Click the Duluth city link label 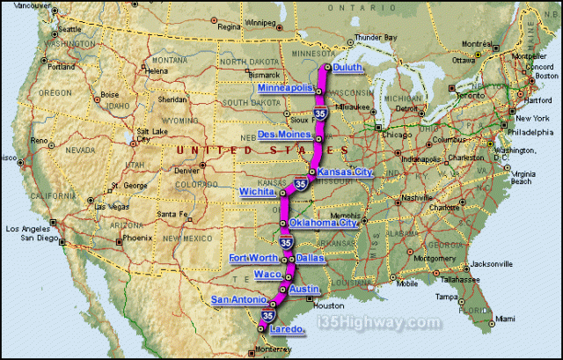tap(347, 67)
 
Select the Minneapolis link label tap(285, 89)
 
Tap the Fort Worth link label tap(253, 258)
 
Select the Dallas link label tap(310, 258)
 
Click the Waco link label tap(267, 275)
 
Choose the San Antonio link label tap(237, 300)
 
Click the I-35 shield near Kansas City tap(301, 184)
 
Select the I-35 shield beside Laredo tap(267, 316)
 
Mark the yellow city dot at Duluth tap(327, 67)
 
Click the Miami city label tap(504, 318)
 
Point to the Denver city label tap(187, 170)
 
